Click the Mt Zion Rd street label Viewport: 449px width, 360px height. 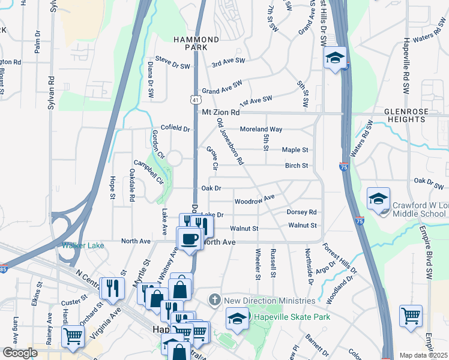pyautogui.click(x=220, y=113)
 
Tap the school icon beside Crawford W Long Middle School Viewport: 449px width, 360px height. pyautogui.click(x=379, y=200)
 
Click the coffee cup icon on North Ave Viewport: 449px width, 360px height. pyautogui.click(x=188, y=238)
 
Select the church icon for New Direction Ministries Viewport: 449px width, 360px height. pyautogui.click(x=214, y=300)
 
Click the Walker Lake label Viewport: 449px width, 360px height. pyautogui.click(x=83, y=245)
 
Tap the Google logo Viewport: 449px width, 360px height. pyautogui.click(x=20, y=353)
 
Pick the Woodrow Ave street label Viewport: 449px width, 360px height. pyautogui.click(x=254, y=199)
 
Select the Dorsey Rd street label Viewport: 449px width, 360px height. pyautogui.click(x=301, y=212)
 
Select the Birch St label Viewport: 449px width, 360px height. pyautogui.click(x=297, y=166)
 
